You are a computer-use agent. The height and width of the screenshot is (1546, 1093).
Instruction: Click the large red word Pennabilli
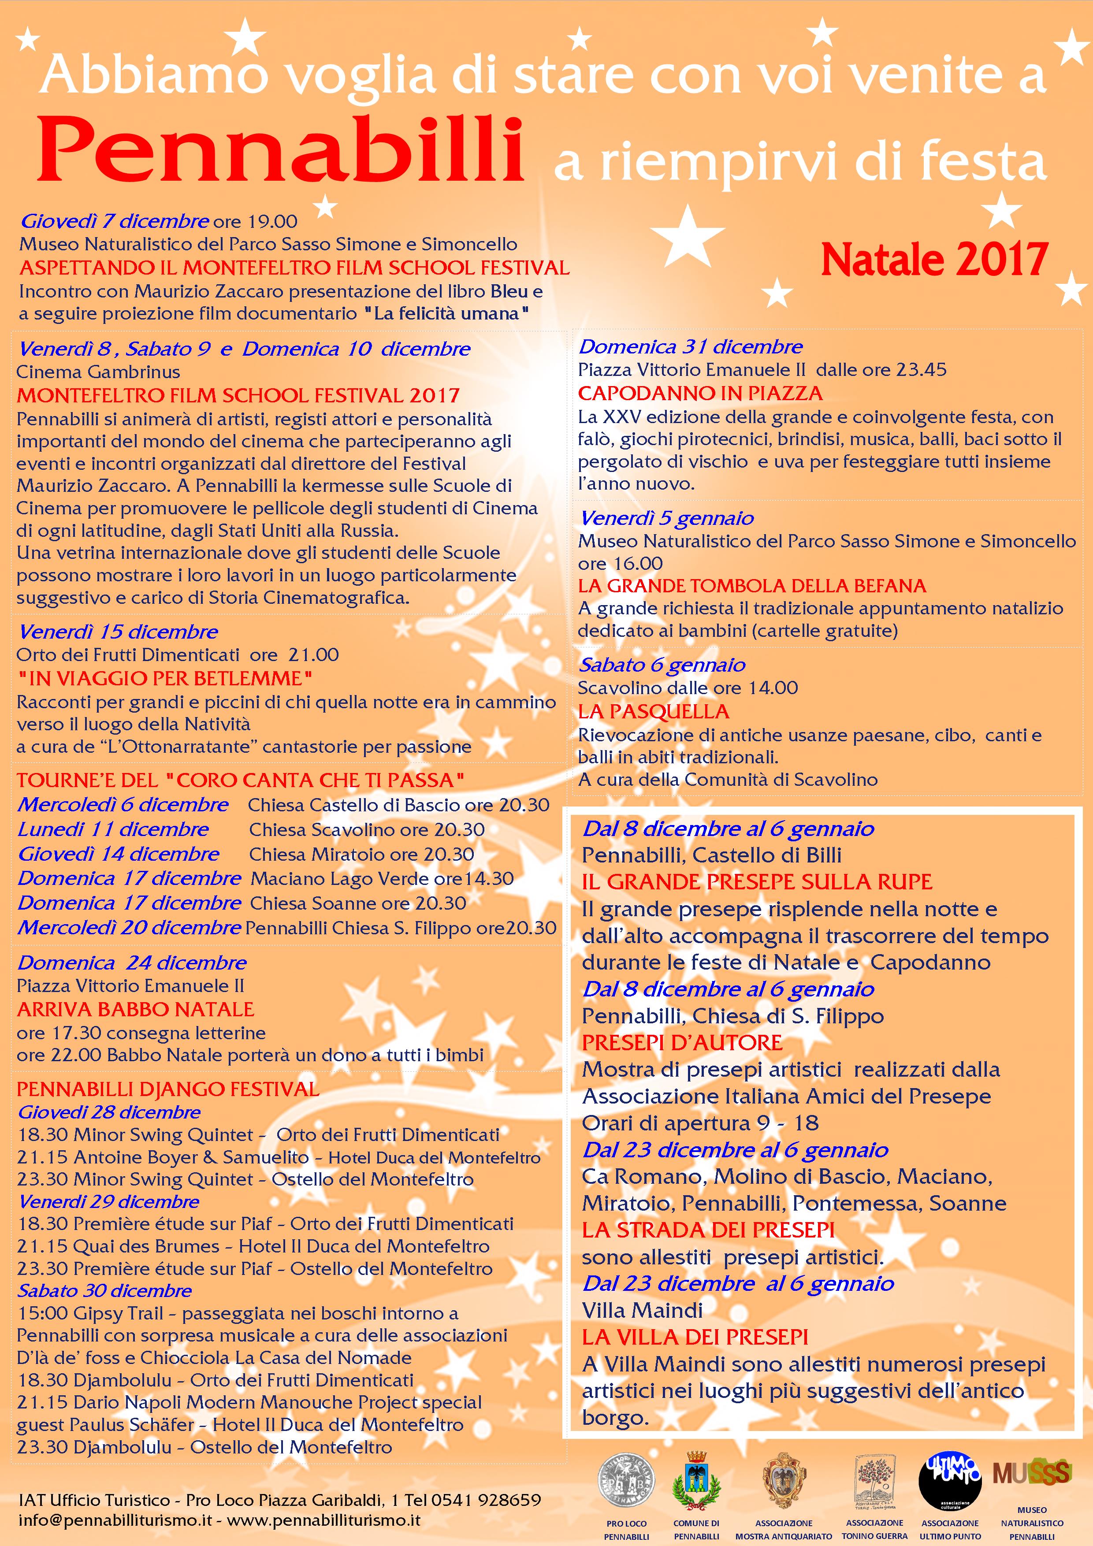click(279, 151)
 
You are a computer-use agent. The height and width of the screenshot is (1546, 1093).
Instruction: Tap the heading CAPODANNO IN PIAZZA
click(700, 393)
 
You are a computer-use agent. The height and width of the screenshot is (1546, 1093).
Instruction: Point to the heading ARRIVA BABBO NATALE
click(135, 1009)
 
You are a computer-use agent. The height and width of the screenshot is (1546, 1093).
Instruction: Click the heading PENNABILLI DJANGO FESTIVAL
click(167, 1089)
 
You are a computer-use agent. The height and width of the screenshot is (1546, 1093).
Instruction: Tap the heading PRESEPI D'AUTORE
click(681, 1043)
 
